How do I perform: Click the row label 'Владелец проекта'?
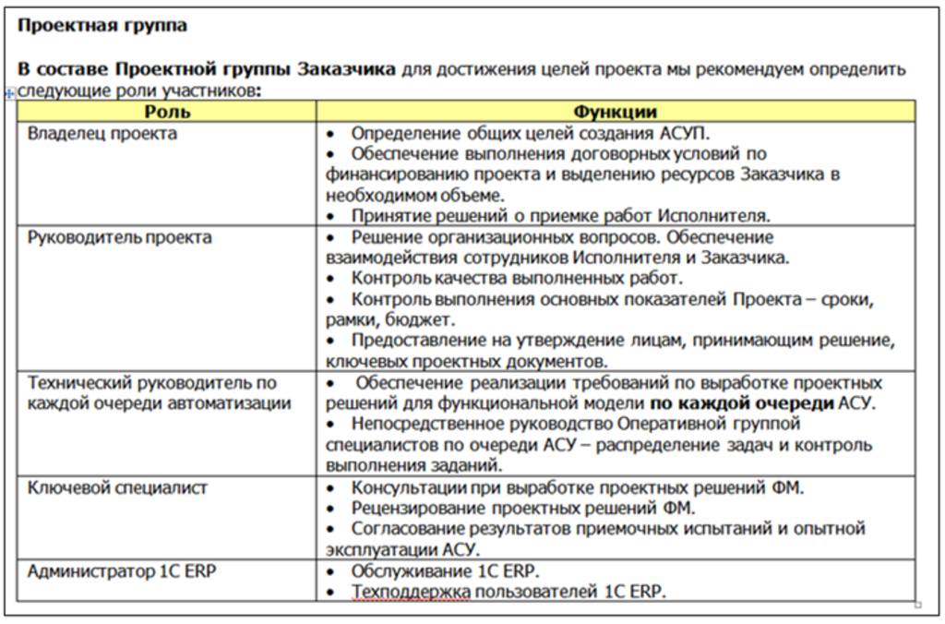(x=102, y=134)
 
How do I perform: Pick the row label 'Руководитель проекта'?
(x=120, y=237)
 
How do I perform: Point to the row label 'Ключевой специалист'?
(x=118, y=487)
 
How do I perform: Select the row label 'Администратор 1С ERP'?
(x=123, y=570)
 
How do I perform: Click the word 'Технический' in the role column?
(x=78, y=382)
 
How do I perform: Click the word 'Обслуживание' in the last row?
(x=406, y=570)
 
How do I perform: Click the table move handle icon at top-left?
(x=10, y=93)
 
